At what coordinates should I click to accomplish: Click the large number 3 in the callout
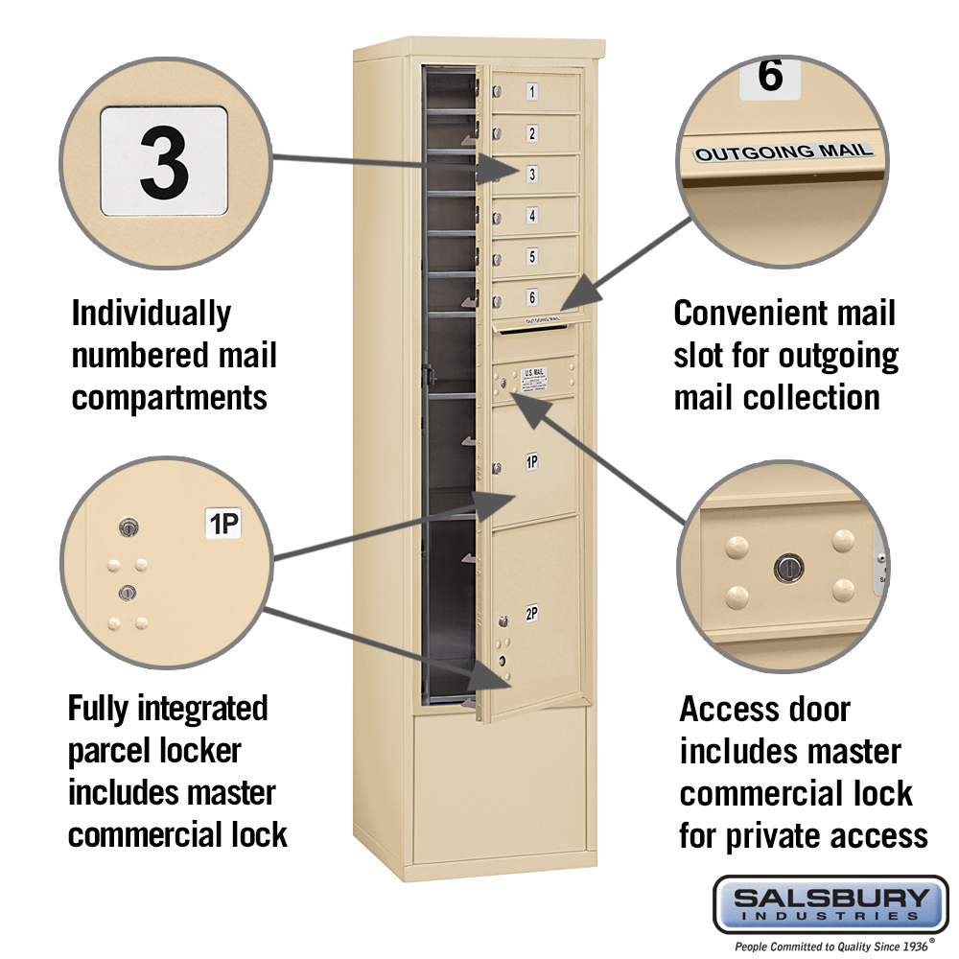click(x=164, y=160)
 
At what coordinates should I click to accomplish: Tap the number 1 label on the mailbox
click(x=532, y=93)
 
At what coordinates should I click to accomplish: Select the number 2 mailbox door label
click(x=532, y=133)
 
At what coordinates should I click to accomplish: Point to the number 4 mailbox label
click(x=532, y=216)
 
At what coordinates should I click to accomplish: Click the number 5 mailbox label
click(x=532, y=256)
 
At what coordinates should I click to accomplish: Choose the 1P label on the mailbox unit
click(x=531, y=462)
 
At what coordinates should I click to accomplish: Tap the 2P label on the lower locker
click(x=531, y=614)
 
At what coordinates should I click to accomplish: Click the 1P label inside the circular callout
click(x=224, y=523)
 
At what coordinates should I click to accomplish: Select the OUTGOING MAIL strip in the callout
click(x=784, y=152)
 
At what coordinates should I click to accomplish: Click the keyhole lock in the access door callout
click(x=787, y=569)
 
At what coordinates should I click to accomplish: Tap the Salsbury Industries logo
click(x=830, y=903)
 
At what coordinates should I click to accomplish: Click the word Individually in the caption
click(x=152, y=314)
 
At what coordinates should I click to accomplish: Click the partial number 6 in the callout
click(x=770, y=78)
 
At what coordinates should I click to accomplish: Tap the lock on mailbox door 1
click(x=498, y=92)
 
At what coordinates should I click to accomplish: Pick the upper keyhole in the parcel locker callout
click(x=129, y=526)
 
